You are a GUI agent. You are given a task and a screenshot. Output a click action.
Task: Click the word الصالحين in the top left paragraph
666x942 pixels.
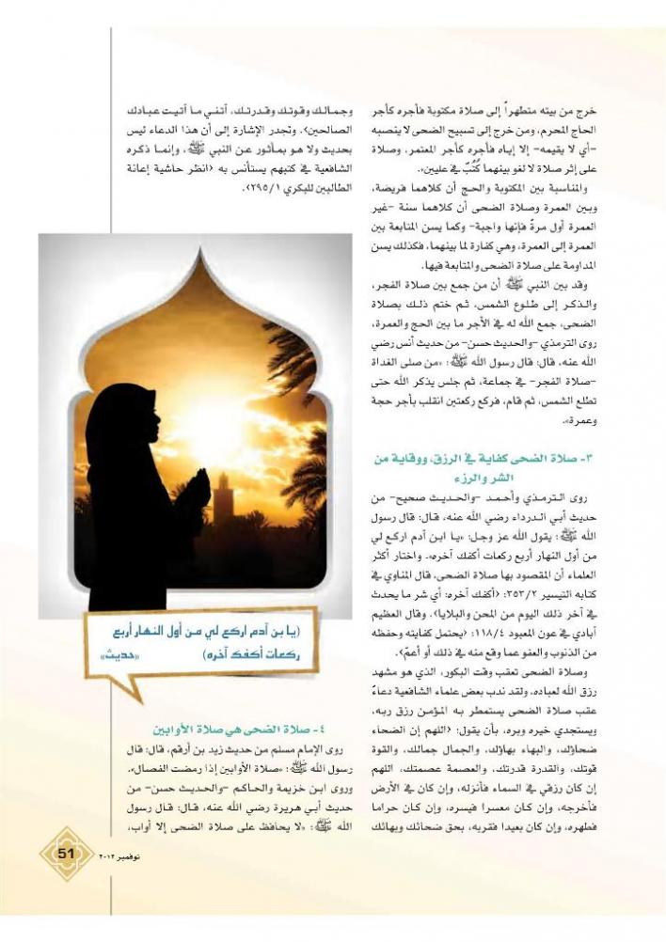(305, 131)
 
